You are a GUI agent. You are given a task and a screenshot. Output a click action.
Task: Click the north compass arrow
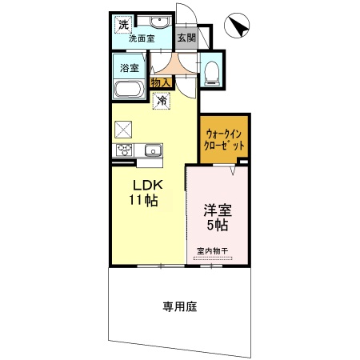238,27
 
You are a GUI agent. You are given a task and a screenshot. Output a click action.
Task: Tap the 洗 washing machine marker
123,24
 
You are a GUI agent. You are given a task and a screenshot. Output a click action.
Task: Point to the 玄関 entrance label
186,38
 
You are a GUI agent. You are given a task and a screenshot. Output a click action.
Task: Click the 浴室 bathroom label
129,68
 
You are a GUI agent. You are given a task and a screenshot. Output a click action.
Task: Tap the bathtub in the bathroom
128,89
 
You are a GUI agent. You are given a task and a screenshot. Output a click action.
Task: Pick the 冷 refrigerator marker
162,101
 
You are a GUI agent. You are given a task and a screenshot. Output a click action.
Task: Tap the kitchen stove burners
126,150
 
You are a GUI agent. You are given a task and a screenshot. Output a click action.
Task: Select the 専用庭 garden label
180,305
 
